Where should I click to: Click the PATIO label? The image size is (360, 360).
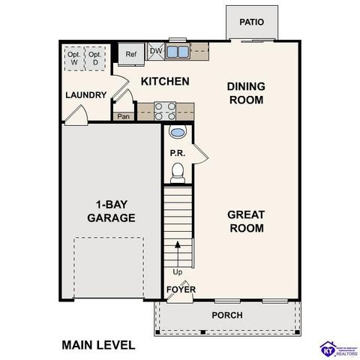[252, 22]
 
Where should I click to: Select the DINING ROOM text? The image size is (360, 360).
[247, 93]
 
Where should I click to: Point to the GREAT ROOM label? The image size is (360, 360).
[247, 221]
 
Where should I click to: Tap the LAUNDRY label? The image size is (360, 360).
[86, 95]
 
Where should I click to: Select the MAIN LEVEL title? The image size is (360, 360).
[98, 345]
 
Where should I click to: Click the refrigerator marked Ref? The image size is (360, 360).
[131, 54]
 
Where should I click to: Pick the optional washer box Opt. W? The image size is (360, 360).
[74, 58]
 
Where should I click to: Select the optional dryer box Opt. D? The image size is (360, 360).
[95, 58]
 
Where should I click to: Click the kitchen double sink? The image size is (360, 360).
[178, 52]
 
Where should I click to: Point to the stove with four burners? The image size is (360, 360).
[165, 111]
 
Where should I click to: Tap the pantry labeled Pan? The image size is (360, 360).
[123, 116]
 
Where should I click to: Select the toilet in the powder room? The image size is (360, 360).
[177, 174]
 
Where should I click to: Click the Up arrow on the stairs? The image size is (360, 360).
[178, 247]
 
